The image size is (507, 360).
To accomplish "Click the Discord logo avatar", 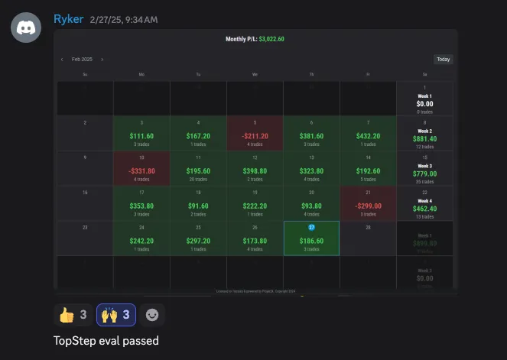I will click(x=26, y=27).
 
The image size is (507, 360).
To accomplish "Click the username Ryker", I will click(x=68, y=19).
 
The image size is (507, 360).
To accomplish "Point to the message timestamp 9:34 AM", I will click(x=142, y=19).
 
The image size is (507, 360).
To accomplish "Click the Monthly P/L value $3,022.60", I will click(x=271, y=39).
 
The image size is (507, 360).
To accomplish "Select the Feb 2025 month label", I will click(x=82, y=59).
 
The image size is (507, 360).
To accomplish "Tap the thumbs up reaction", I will click(x=73, y=314).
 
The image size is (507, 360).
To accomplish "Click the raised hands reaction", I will click(x=115, y=314).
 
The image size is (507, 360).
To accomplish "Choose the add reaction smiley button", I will click(x=153, y=314).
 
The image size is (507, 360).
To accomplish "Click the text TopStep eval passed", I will click(x=106, y=340).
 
